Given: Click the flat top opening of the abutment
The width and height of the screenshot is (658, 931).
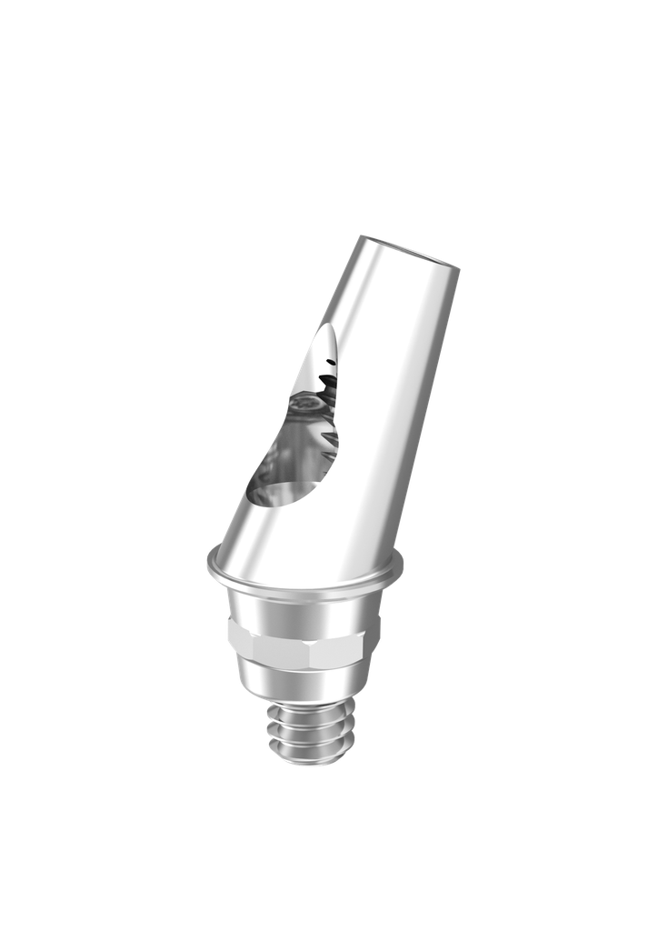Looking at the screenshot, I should pyautogui.click(x=409, y=253).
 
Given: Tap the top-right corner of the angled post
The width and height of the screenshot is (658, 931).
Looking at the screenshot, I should pyautogui.click(x=459, y=268).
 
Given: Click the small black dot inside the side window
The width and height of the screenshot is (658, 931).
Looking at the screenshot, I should pyautogui.click(x=330, y=366).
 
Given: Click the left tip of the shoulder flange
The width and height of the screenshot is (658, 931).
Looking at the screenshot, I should pyautogui.click(x=208, y=566).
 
